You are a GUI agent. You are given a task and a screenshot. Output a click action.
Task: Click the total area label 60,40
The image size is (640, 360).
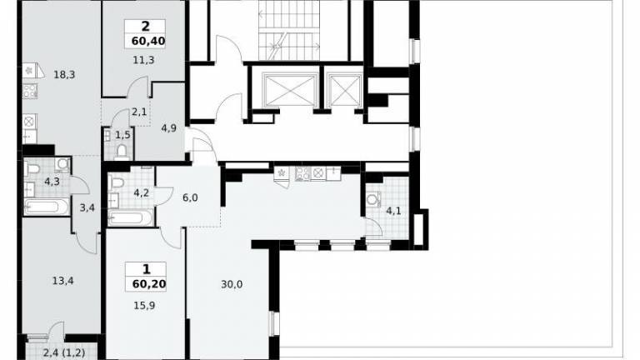[x=148, y=41]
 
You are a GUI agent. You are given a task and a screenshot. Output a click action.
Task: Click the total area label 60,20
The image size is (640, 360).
[x=149, y=283]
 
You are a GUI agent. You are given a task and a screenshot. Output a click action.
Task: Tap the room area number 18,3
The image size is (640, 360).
[x=64, y=75]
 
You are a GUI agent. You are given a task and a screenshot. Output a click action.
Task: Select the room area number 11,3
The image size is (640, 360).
[x=143, y=60]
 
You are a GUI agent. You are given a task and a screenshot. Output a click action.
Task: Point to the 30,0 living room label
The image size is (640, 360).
[x=232, y=284]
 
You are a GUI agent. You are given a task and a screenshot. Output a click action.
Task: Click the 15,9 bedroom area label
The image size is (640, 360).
[x=144, y=306]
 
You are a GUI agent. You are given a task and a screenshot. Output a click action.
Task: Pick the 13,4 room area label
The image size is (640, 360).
[x=62, y=281]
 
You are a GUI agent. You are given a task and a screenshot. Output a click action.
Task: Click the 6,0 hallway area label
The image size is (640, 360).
[x=190, y=198]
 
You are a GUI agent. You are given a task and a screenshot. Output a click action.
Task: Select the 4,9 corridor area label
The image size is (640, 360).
[x=168, y=128]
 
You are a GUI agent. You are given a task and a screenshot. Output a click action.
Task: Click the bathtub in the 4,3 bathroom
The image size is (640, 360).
[x=47, y=207]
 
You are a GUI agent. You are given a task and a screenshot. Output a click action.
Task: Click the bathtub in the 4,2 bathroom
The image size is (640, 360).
[x=131, y=217]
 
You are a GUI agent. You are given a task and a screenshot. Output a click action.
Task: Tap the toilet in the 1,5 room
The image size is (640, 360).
[x=122, y=152]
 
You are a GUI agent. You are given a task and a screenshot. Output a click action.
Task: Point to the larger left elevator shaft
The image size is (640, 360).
[x=291, y=90]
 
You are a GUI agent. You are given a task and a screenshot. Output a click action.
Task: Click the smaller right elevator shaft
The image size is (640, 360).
[x=345, y=90]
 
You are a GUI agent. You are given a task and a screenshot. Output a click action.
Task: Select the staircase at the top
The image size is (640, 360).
[x=289, y=31]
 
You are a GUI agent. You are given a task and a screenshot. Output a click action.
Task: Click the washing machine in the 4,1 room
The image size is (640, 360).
[x=373, y=200]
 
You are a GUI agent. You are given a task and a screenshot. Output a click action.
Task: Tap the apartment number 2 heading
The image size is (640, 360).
[x=145, y=27]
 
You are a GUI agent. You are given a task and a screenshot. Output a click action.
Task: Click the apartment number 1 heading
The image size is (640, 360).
[x=146, y=269]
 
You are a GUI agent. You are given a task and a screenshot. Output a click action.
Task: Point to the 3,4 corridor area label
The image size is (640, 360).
[x=87, y=208]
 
